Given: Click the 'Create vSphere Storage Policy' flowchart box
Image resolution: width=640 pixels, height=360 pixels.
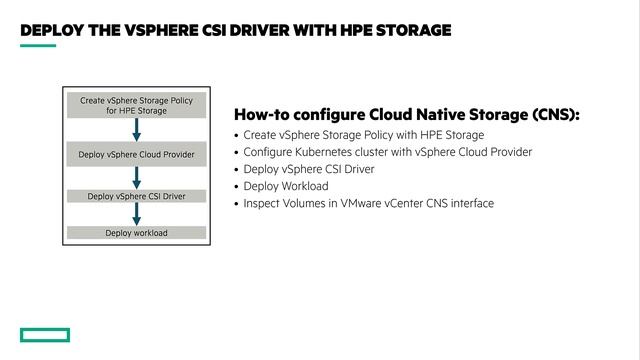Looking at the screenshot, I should (136, 105).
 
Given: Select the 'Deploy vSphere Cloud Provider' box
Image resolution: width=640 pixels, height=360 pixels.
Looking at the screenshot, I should (136, 154).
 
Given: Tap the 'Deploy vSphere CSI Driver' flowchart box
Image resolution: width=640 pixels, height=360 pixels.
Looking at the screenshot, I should (136, 196).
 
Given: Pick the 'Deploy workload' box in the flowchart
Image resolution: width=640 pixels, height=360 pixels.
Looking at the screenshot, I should (136, 233).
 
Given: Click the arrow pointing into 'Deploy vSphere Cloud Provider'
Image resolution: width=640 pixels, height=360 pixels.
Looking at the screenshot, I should (136, 130).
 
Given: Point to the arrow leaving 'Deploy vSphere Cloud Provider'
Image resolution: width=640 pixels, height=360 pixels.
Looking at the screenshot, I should (136, 177).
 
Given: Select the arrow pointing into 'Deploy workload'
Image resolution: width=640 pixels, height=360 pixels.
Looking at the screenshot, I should (136, 214).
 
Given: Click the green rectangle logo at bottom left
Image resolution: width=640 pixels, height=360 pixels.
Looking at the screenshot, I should (44, 335).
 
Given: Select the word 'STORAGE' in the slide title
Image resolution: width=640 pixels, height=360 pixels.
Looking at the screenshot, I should (412, 30).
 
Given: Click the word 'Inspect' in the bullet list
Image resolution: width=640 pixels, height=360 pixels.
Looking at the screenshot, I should (262, 203).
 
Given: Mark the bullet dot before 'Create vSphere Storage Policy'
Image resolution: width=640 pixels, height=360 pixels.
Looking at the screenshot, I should (236, 135).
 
